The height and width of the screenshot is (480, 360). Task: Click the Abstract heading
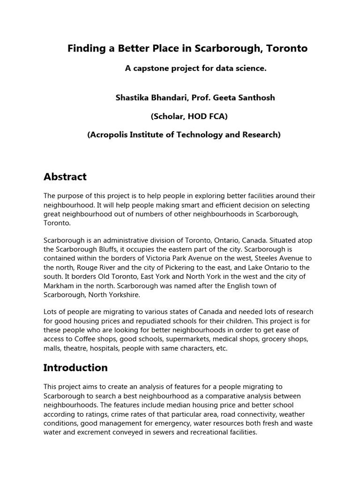[x=65, y=177]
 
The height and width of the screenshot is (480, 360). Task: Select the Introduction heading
[x=75, y=367]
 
